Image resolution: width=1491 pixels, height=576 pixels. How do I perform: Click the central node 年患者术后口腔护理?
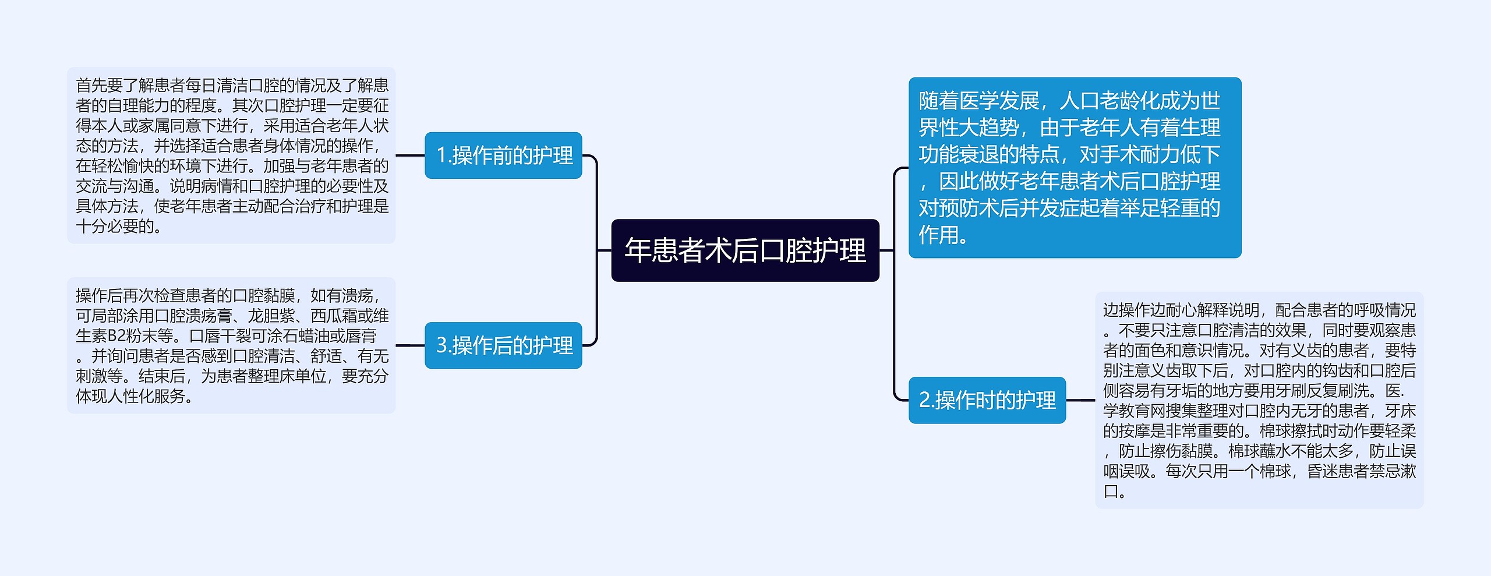[745, 250]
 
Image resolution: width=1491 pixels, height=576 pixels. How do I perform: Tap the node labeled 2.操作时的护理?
[987, 400]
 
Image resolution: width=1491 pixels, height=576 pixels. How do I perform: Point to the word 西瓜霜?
[334, 316]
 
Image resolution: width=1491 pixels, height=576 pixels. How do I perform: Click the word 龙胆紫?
[271, 316]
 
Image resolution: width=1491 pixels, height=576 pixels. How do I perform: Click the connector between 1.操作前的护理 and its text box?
[410, 156]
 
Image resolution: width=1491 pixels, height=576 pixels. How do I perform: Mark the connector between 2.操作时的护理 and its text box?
[1080, 400]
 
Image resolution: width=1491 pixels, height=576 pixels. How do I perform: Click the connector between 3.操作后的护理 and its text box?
[410, 345]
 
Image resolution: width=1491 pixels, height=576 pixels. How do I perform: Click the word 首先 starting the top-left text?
[91, 86]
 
